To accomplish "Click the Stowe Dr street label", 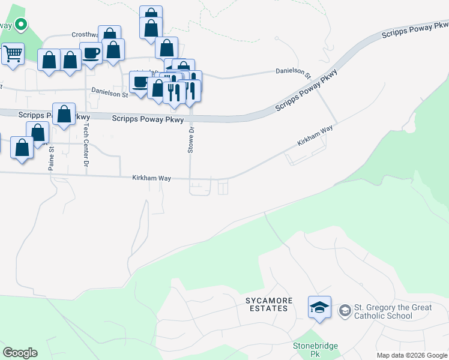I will pos(191,140).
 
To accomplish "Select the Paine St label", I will pos(52,157).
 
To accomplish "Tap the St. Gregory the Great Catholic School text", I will pos(393,311).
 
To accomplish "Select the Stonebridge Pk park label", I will pos(316,350).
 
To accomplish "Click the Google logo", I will pos(20,352).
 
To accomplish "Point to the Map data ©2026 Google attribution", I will pos(411,355).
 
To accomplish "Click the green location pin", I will pos(21,25).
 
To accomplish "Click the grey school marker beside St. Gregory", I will pos(345,310).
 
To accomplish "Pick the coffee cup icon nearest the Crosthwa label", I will pos(91,53).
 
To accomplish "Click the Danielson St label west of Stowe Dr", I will pos(110,94).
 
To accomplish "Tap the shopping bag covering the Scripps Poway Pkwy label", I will pos(64,115).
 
